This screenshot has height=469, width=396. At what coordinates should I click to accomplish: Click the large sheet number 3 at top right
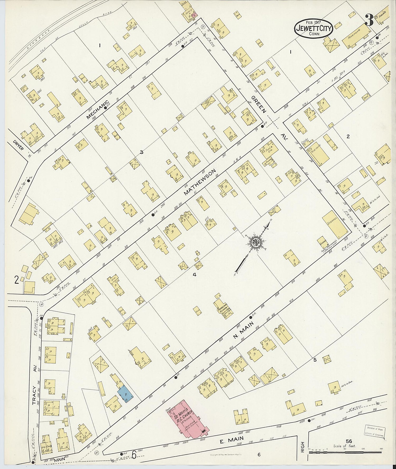369,20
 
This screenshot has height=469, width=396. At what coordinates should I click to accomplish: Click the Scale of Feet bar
345,452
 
